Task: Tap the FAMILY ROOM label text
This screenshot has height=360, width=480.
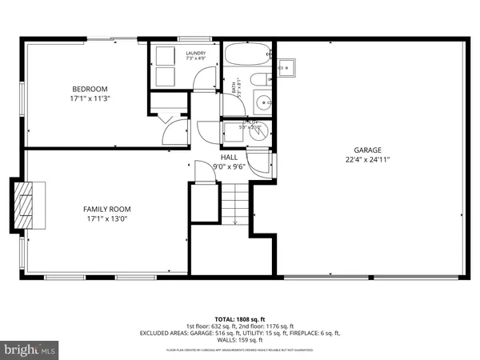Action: [x=106, y=209]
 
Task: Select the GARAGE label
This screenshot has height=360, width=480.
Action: [x=368, y=150]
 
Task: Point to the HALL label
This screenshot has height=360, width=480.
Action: [x=229, y=158]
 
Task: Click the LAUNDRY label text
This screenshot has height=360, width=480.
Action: [x=196, y=53]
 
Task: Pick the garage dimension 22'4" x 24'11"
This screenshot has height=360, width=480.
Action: [x=368, y=159]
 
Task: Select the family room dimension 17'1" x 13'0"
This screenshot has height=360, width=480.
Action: [x=106, y=218]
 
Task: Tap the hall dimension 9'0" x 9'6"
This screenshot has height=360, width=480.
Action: [x=229, y=167]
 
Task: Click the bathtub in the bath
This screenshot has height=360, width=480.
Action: [x=247, y=55]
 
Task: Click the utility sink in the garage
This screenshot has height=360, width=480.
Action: [x=289, y=67]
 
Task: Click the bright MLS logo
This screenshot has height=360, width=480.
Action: [x=30, y=350]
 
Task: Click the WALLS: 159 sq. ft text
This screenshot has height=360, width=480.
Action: [x=240, y=340]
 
